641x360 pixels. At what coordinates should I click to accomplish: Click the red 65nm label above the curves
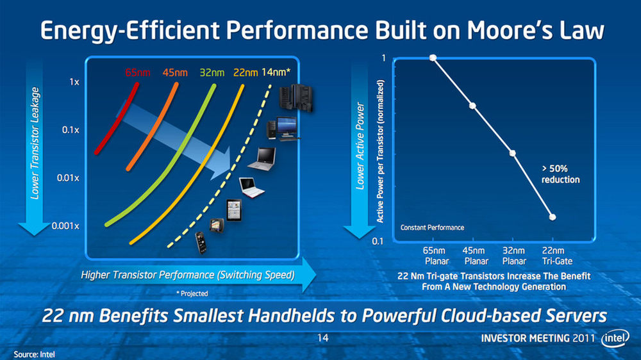(138, 73)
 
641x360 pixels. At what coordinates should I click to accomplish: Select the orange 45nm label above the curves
(175, 73)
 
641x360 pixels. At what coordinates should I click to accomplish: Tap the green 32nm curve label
(212, 73)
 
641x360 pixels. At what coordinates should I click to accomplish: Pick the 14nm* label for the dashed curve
(276, 72)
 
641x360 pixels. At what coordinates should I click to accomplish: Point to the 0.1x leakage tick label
(71, 130)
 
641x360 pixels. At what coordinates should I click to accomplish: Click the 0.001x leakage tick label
(65, 226)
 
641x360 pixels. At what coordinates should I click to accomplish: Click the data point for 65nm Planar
(433, 58)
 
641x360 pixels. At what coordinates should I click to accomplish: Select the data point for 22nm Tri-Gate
(553, 217)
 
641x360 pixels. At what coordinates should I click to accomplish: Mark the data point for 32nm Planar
(512, 153)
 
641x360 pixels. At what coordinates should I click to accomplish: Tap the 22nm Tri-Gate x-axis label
(557, 256)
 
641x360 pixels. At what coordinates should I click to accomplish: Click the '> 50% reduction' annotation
(560, 174)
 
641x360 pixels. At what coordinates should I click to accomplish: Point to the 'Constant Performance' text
(432, 227)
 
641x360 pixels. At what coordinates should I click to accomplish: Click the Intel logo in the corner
(615, 338)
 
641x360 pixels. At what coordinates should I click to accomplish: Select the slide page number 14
(323, 338)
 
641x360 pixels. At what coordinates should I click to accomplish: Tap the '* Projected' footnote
(192, 293)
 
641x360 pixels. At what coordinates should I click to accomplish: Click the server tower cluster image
(296, 97)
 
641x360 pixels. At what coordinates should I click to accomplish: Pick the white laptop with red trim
(251, 188)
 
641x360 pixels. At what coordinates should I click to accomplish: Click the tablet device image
(234, 211)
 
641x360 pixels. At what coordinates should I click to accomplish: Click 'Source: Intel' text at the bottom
(35, 354)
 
